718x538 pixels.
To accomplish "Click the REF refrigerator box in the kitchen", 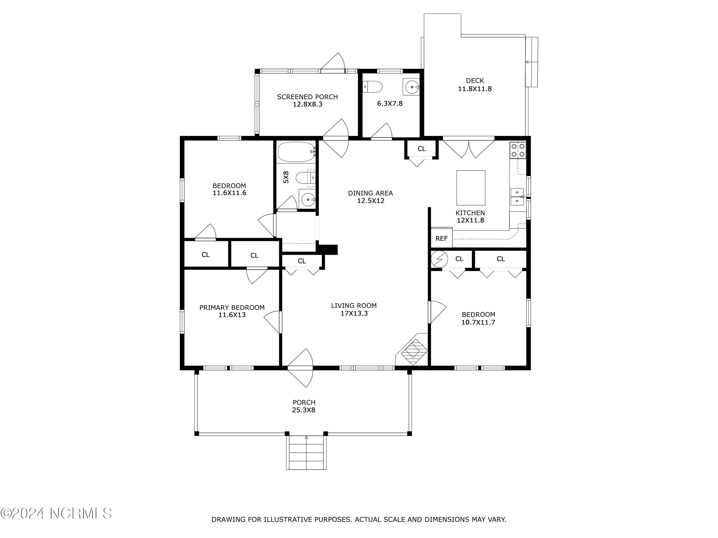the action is click(x=441, y=238).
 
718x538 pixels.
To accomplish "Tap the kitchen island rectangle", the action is click(x=471, y=188).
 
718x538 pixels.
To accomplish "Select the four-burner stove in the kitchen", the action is click(x=518, y=150).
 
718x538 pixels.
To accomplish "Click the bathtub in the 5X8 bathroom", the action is click(x=296, y=152).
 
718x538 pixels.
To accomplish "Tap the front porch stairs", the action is click(x=306, y=452).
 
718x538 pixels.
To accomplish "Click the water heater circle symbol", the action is click(x=439, y=259).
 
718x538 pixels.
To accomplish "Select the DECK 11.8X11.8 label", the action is click(x=475, y=85).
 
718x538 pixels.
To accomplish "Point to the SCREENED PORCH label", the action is click(x=307, y=97).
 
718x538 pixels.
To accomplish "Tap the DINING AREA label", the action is click(x=370, y=193).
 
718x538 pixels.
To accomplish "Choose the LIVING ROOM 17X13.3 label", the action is click(x=354, y=309).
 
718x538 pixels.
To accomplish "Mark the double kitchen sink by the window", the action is click(x=517, y=197).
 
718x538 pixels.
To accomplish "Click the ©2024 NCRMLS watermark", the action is click(x=56, y=513).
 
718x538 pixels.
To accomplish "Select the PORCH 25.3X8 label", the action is click(x=304, y=406).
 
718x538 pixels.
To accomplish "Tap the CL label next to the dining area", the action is click(x=422, y=149).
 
